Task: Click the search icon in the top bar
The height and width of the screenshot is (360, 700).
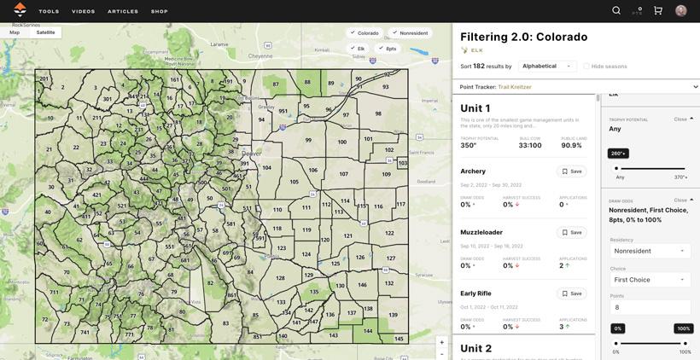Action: point(616,10)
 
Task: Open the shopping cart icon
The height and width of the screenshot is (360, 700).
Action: point(658,10)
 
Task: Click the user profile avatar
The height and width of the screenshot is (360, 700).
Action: point(681,10)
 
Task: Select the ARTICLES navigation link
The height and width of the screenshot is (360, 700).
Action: point(123,11)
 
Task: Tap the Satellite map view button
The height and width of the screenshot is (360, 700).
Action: point(45,32)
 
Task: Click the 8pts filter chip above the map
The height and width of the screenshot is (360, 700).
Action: point(388,49)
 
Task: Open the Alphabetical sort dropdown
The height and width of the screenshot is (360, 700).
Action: point(547,66)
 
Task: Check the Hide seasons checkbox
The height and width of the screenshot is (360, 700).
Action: point(587,67)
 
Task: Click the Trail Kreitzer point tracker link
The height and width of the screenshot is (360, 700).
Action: point(515,87)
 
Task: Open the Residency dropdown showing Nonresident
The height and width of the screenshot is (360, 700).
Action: point(650,251)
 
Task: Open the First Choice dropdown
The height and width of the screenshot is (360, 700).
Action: point(650,280)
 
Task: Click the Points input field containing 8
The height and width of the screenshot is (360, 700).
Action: point(650,307)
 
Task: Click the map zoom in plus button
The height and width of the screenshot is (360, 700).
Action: point(442,343)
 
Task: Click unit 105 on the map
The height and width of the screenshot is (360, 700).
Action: point(294,182)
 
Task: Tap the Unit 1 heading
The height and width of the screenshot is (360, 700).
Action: point(475,108)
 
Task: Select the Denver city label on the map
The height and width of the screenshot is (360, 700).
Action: point(251,154)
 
